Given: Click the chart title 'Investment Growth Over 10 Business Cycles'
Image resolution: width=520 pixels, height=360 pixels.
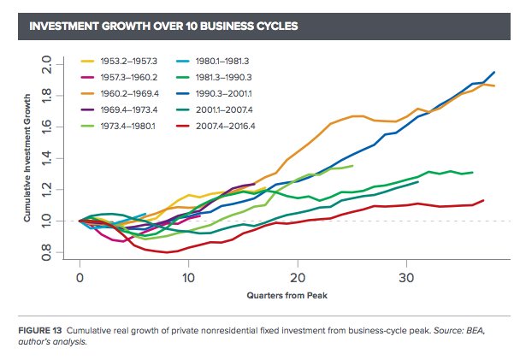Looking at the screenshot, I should [163, 27].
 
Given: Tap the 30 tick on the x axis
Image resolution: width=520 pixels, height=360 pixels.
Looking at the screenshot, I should [406, 279].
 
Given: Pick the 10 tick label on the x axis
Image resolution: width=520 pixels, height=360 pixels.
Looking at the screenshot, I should [188, 279].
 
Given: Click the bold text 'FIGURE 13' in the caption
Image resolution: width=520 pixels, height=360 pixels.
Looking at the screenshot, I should [39, 330].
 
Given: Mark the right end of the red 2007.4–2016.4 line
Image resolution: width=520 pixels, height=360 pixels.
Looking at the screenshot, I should [483, 201].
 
